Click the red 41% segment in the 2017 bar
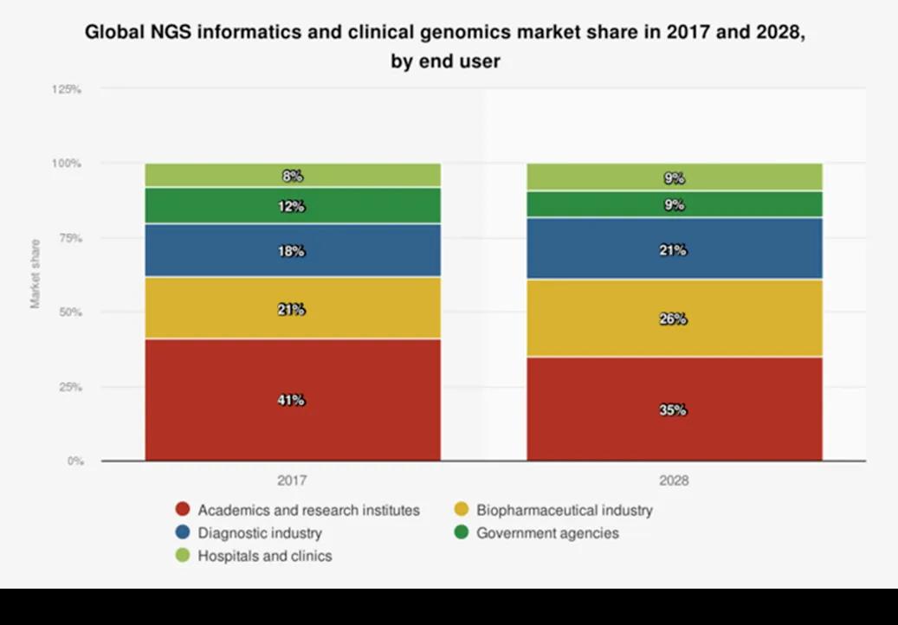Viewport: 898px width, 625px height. coord(293,400)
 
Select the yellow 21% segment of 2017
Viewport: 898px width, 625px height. coord(293,308)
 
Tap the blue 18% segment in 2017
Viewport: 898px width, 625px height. coord(293,251)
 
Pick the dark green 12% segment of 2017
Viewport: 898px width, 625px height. coord(293,206)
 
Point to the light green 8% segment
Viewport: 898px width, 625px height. coord(293,176)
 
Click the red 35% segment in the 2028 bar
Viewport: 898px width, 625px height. coord(674,409)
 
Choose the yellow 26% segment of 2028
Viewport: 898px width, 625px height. coord(674,319)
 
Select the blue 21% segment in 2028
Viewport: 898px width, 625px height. coord(674,249)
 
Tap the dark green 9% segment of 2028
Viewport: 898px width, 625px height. coord(674,205)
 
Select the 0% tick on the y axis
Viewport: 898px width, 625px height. coord(74,461)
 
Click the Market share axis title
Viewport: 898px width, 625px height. coord(36,274)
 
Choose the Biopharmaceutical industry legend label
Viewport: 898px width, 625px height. coord(565,510)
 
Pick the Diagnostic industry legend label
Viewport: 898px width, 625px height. coord(260,533)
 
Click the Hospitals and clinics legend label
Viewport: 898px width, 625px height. coord(264,556)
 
